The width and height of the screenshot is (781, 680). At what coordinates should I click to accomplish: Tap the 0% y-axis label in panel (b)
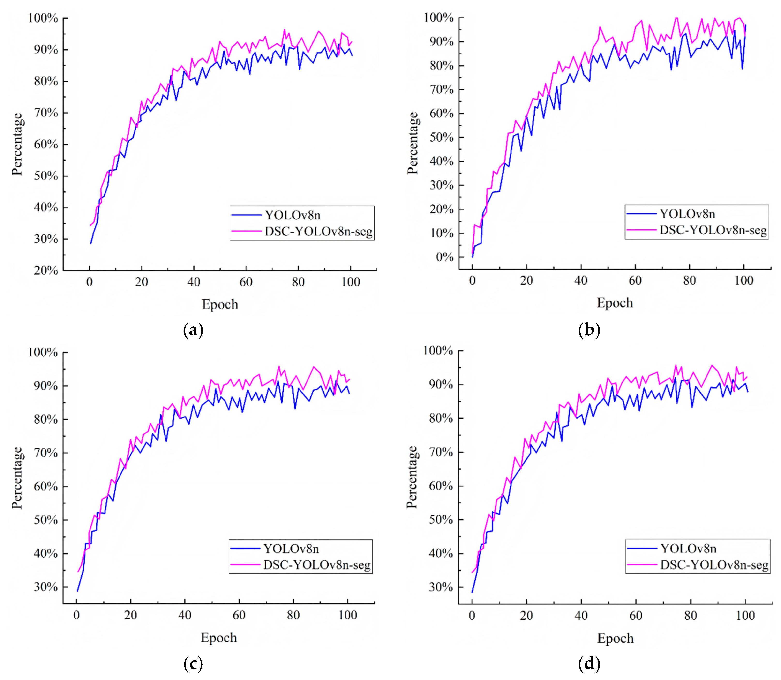click(x=444, y=257)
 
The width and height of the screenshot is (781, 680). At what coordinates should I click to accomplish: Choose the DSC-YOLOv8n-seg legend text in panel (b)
click(x=713, y=230)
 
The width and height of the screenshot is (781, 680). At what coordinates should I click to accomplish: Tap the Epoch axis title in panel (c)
click(x=219, y=638)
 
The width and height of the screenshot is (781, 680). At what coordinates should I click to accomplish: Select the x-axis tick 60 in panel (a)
click(x=246, y=282)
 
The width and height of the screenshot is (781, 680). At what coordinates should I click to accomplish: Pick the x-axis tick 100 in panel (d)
click(x=745, y=616)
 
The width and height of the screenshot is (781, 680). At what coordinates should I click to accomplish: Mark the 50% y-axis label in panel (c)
click(x=46, y=520)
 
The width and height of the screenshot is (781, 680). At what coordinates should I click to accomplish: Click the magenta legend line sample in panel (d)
click(x=642, y=565)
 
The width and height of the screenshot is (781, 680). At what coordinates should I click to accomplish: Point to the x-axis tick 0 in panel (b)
click(x=472, y=281)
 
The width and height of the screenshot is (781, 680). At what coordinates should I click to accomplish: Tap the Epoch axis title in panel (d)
click(x=615, y=638)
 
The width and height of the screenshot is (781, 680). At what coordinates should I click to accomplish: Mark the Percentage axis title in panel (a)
click(x=17, y=144)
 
